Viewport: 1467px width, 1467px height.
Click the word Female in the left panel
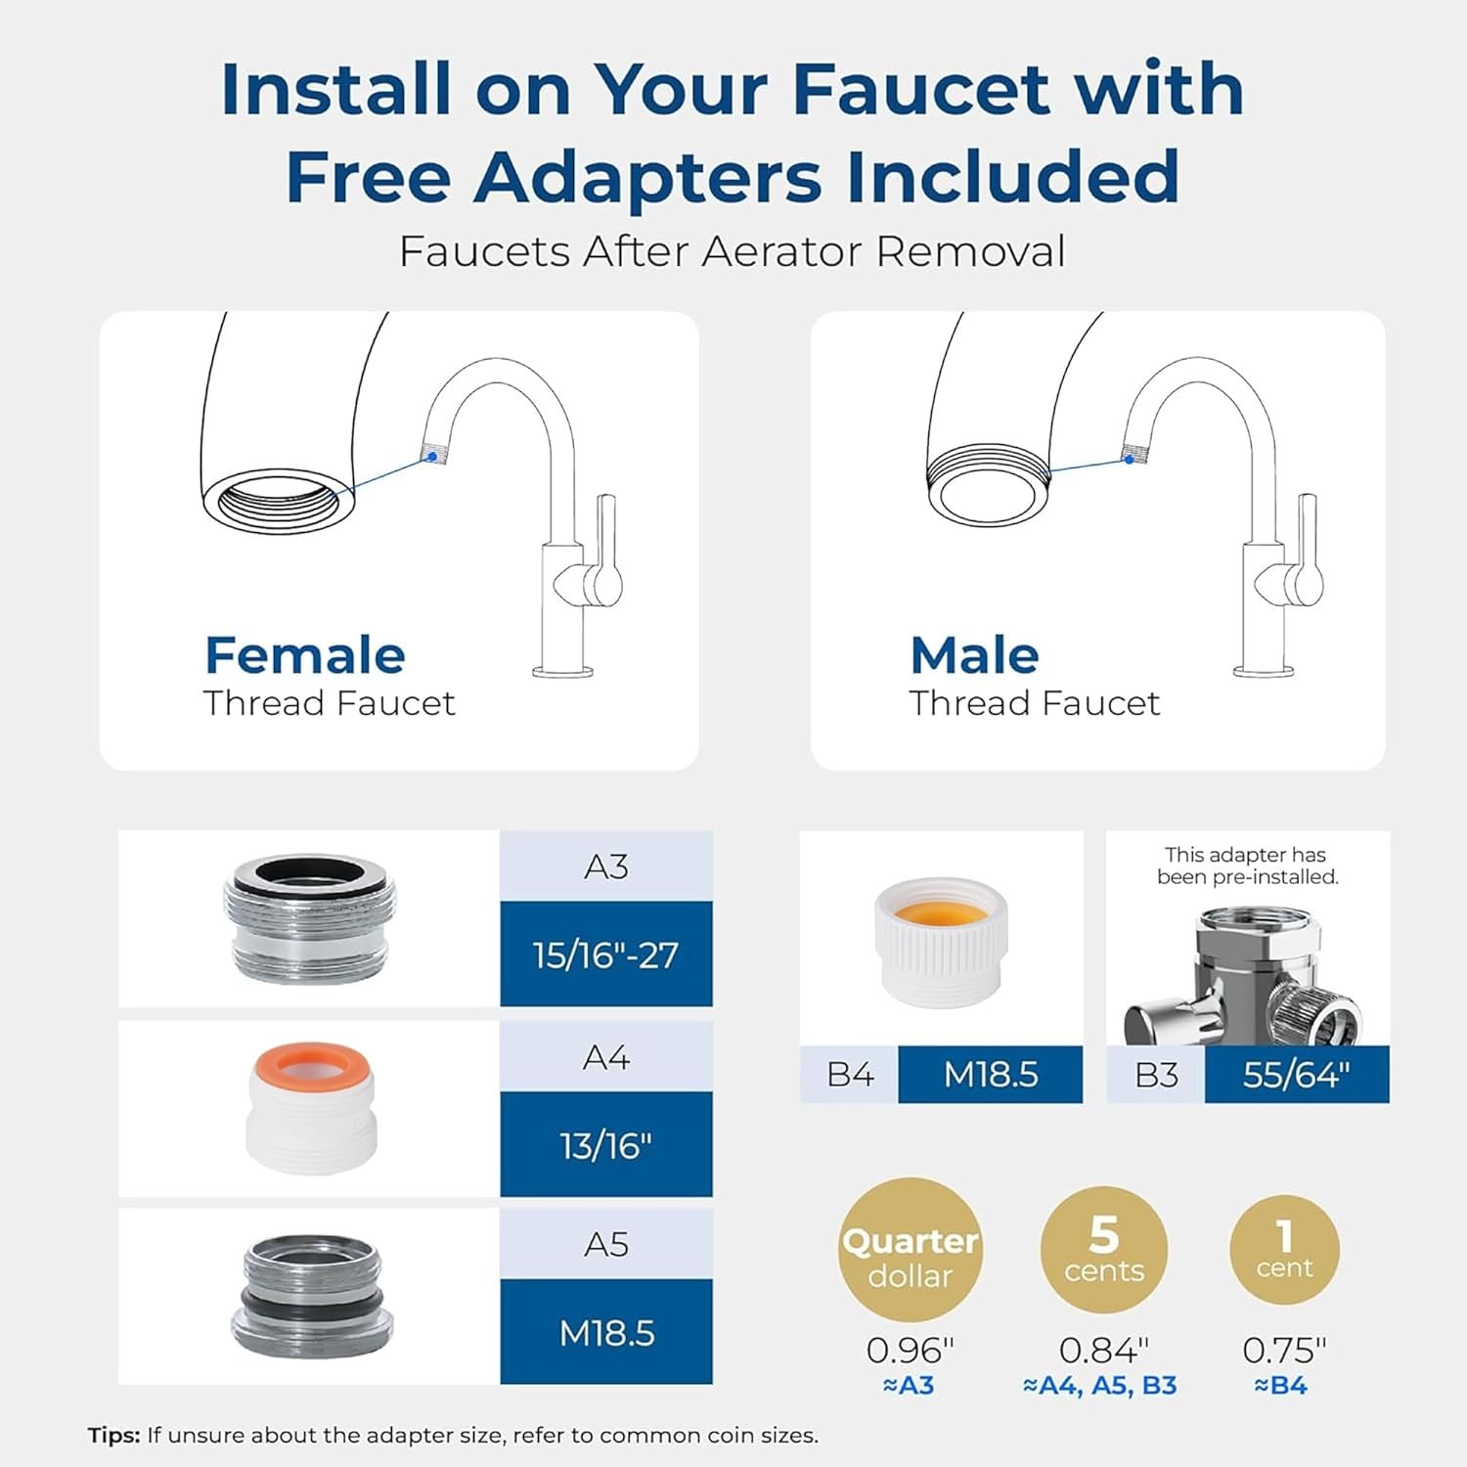click(x=304, y=655)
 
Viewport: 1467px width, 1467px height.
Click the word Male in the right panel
click(x=974, y=655)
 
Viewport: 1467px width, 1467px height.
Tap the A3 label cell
click(x=605, y=867)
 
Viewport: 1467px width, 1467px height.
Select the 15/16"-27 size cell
click(x=605, y=955)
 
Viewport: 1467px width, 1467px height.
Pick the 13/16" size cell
click(x=605, y=1145)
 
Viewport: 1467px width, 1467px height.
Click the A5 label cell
click(x=605, y=1244)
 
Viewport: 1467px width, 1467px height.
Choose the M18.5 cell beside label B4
click(x=990, y=1075)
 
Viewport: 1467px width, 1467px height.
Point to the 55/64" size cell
click(x=1296, y=1075)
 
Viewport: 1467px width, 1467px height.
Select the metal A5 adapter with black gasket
click(x=312, y=1295)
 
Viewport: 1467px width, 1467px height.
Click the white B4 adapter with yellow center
click(x=941, y=941)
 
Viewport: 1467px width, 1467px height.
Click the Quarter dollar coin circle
click(x=911, y=1250)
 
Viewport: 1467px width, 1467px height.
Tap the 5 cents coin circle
click(x=1104, y=1250)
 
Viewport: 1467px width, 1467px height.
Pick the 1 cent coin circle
click(x=1284, y=1250)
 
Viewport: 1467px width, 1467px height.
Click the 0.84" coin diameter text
click(x=1104, y=1351)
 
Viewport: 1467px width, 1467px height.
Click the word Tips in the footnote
click(x=113, y=1436)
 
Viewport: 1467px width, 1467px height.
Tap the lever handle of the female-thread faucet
click(x=606, y=548)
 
